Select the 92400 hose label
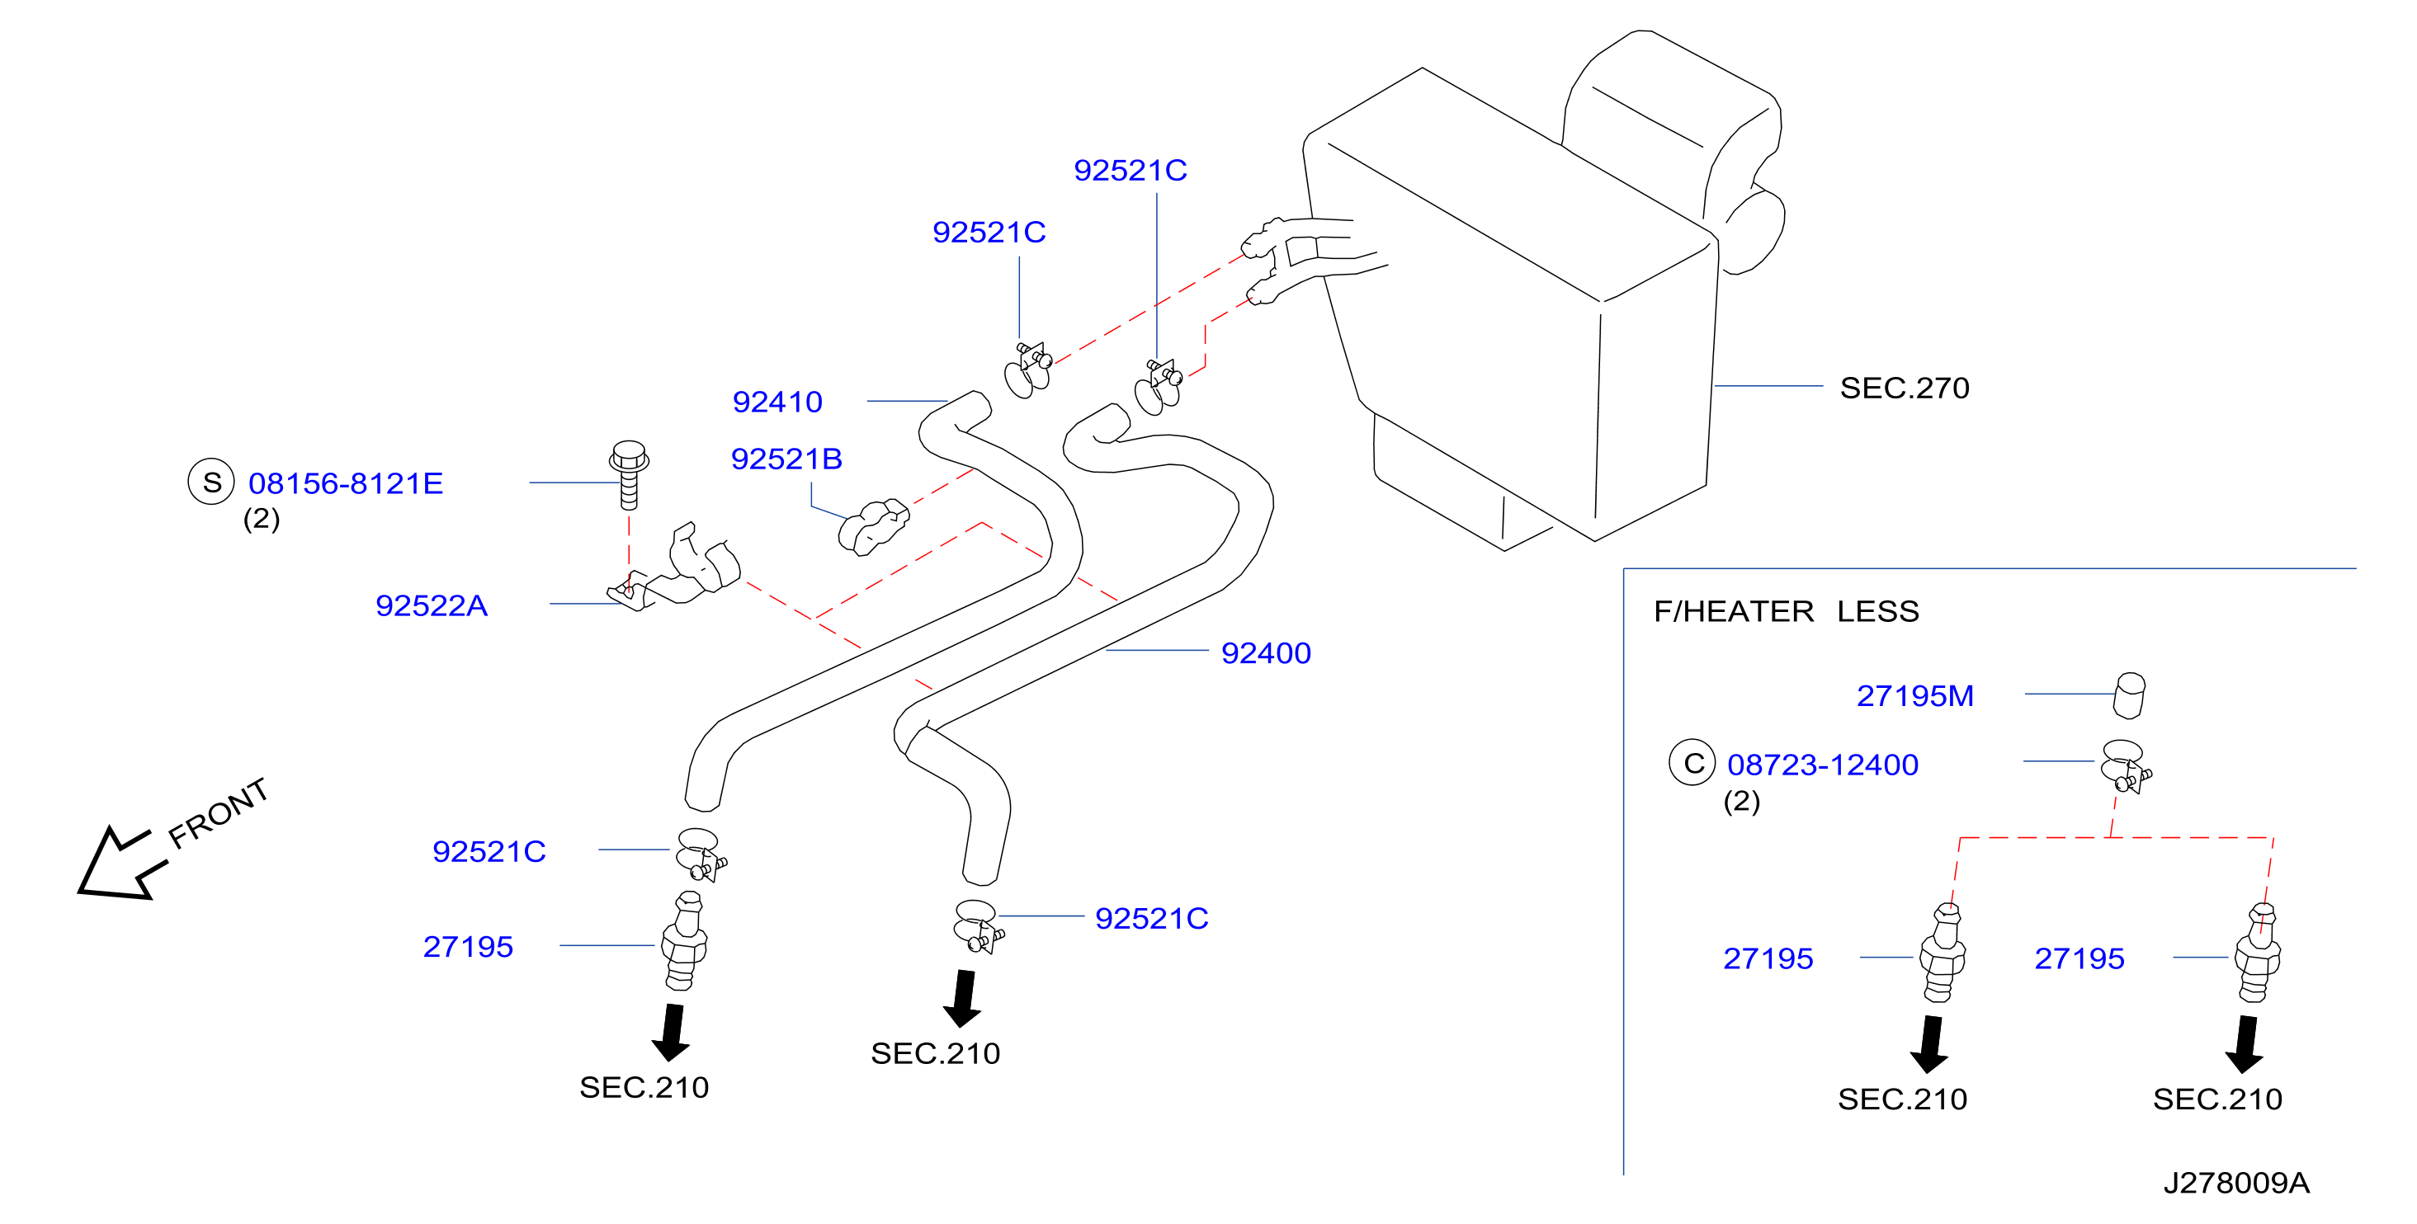pos(1266,652)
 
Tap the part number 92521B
pos(786,459)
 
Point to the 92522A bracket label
pos(432,605)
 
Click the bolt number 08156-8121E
pos(345,483)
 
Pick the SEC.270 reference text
pos(1905,388)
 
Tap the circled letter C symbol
pos(1692,763)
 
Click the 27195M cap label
pos(1915,696)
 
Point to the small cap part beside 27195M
pos(2129,695)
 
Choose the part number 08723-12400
pos(1823,765)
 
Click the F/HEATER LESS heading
pos(1787,611)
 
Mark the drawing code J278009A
pos(2237,1183)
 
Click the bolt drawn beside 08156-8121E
pos(629,474)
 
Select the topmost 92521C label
pos(1131,170)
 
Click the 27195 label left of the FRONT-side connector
pos(468,946)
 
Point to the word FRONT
pos(219,812)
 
